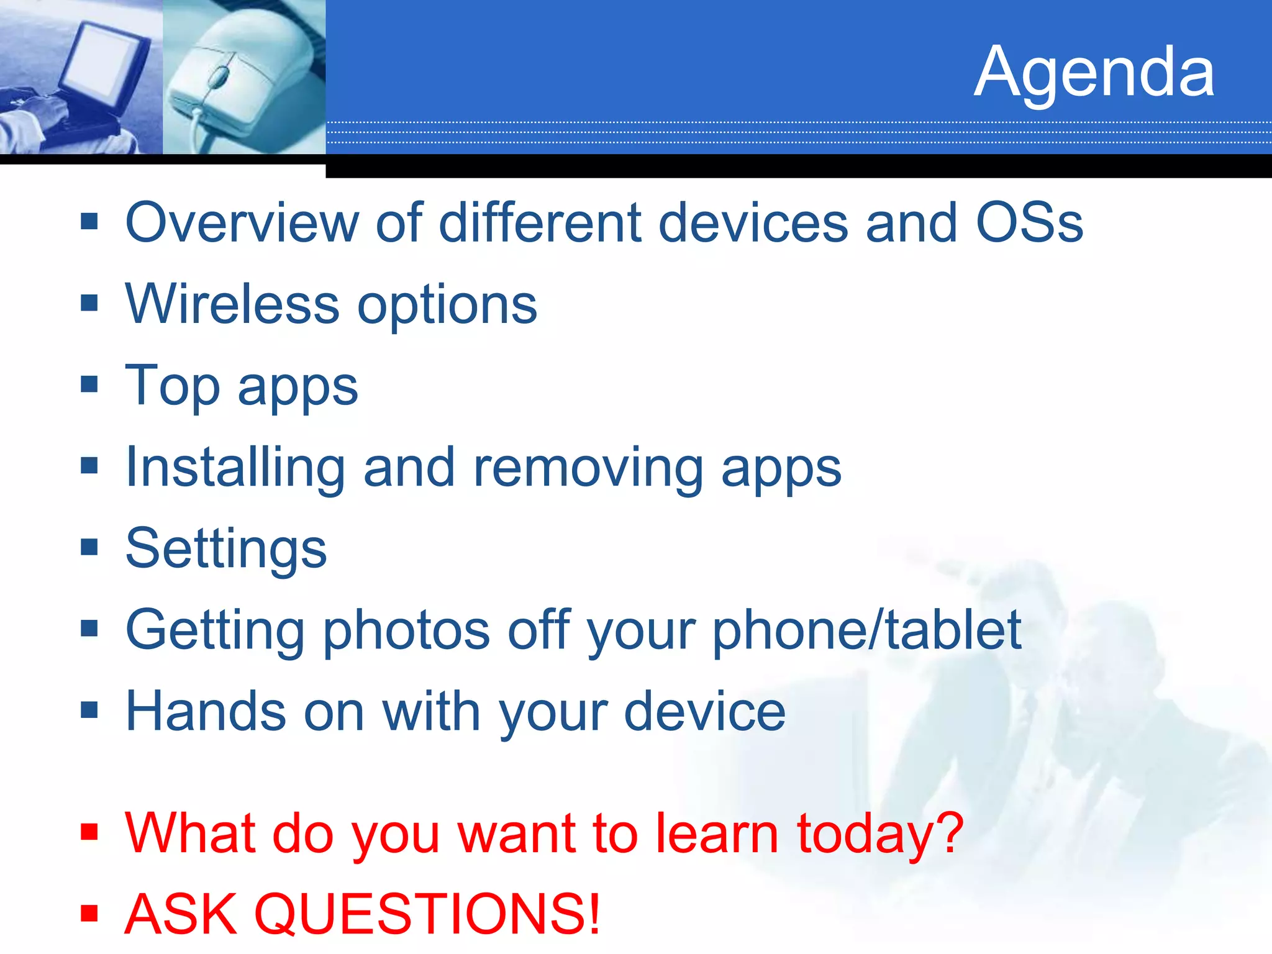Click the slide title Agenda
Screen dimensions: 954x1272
click(x=1094, y=72)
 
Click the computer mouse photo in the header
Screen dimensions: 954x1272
click(x=239, y=78)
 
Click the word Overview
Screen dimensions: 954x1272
click(x=242, y=223)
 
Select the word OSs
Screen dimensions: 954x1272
click(x=1029, y=223)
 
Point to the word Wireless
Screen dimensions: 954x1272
click(x=232, y=304)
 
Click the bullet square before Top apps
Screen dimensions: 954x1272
click(x=89, y=384)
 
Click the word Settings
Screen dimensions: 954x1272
click(x=226, y=548)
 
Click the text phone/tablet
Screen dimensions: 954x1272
click(x=866, y=630)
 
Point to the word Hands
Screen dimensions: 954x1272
click(x=206, y=712)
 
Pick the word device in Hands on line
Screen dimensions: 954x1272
click(x=704, y=712)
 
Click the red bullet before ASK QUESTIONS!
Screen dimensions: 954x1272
click(x=89, y=913)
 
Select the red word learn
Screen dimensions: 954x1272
click(x=717, y=832)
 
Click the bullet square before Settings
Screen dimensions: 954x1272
click(x=89, y=547)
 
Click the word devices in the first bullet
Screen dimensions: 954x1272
click(x=753, y=223)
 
